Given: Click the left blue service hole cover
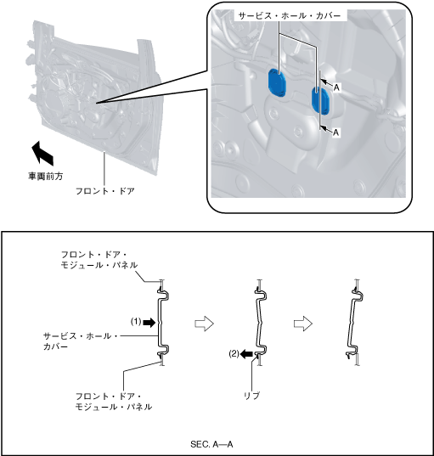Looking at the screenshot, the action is pos(277,82).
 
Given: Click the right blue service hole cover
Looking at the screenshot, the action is pos(320,100).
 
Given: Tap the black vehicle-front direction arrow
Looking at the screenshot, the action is pos(42,152).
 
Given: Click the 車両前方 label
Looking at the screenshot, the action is pos(45,176).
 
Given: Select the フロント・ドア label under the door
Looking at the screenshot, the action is pos(105,191).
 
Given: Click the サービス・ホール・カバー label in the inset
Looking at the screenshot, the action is pos(290,15).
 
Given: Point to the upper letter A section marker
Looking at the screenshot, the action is pos(336,87).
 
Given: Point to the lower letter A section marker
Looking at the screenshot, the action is pos(336,132).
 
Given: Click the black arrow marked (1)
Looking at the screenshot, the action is pos(149,322).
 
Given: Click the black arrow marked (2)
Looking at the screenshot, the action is pos(246,354).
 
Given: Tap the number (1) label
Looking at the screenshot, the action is pos(136,322).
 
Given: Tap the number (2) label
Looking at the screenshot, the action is pos(234,353).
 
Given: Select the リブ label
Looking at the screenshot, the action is pos(251,396).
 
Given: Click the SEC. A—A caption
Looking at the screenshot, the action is pos(211,444).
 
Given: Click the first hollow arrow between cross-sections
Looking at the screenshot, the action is pos(204,324).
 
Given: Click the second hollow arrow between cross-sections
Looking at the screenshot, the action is pos(303,324).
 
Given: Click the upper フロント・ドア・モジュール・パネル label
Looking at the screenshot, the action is pos(99,260).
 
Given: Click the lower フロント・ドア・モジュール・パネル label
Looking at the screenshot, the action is pos(114,402).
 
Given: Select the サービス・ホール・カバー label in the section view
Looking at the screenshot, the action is pos(81,341).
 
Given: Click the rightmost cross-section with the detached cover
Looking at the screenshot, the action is pos(354,323).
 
